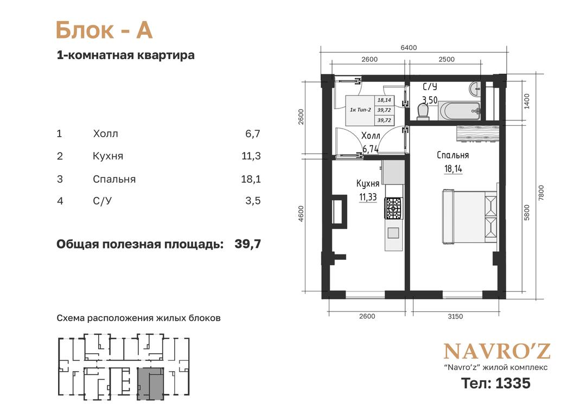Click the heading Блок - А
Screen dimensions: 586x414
104,30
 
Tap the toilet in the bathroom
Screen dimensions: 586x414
423,111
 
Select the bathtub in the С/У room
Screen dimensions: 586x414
460,111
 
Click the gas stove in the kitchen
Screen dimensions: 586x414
393,208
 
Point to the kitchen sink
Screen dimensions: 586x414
393,233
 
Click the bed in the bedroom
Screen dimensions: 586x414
470,216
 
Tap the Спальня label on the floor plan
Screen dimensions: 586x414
453,155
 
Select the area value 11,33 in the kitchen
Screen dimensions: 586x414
368,197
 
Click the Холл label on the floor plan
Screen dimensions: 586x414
371,135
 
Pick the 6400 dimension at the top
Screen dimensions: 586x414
409,47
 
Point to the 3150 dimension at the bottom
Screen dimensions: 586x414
455,316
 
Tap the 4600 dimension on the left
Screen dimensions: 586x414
301,213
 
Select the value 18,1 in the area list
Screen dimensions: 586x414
251,179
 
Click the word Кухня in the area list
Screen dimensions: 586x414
108,156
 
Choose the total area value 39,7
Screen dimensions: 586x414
248,244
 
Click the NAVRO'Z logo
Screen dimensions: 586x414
497,351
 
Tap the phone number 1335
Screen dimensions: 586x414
512,383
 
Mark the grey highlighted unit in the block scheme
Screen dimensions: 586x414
150,384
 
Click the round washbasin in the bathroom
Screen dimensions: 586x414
475,88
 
